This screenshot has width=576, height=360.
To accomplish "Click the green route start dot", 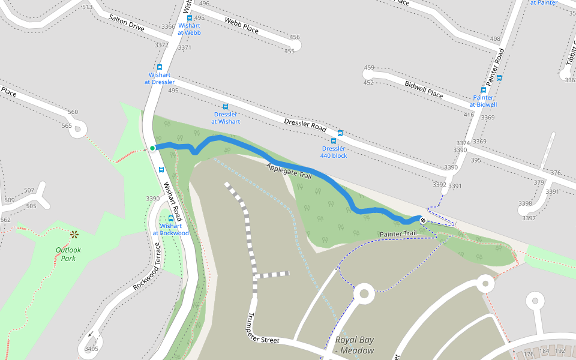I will [x=152, y=148].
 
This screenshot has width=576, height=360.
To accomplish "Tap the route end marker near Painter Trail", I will [x=423, y=220].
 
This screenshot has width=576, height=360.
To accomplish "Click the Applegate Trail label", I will [x=289, y=172].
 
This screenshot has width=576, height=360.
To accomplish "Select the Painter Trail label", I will [x=398, y=233].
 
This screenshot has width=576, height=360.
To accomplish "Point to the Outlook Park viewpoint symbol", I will [x=74, y=235].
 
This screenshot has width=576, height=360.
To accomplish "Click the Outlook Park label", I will [x=68, y=254].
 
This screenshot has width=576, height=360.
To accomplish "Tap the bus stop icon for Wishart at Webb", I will [x=190, y=18].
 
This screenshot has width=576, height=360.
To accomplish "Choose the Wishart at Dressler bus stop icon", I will [x=160, y=67].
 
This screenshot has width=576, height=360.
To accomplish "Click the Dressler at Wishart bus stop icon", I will [x=226, y=106].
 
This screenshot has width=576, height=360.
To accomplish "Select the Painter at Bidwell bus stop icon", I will [x=484, y=90].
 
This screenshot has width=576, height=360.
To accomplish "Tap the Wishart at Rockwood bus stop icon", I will [x=171, y=218].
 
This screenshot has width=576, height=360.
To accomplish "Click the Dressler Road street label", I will [x=305, y=125].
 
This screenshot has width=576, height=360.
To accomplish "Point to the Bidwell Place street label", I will [x=424, y=90].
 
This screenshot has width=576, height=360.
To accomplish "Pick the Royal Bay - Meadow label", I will [x=354, y=345].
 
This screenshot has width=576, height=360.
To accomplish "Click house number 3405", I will [x=91, y=349].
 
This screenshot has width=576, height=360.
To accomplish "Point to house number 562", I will [x=5, y=220].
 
